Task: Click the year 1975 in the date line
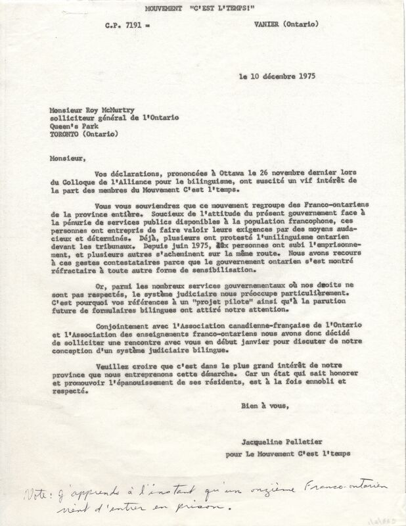pos(302,76)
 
